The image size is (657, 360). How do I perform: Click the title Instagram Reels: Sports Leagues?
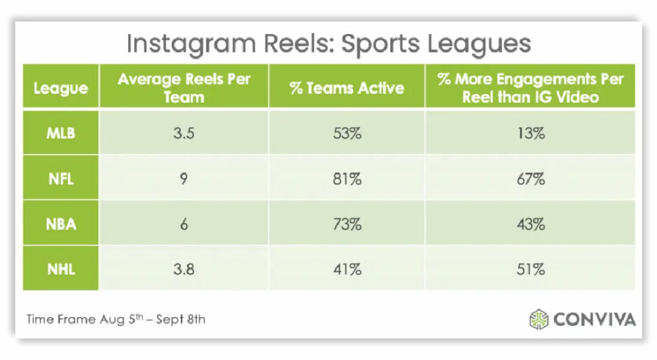[x=328, y=44]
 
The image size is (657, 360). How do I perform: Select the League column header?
[x=60, y=87]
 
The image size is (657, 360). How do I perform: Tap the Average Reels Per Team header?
[x=183, y=88]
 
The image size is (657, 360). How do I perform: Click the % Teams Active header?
[x=346, y=87]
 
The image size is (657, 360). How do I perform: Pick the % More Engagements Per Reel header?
[x=530, y=88]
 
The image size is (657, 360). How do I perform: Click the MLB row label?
[x=60, y=133]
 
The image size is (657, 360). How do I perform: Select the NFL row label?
[x=60, y=179]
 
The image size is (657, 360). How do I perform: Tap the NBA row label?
[x=60, y=225]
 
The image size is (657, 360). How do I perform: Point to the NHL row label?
[x=60, y=269]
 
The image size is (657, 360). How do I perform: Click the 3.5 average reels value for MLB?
[x=183, y=133]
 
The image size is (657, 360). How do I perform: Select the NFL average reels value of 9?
[x=183, y=179]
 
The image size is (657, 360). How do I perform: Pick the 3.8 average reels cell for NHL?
[x=183, y=269]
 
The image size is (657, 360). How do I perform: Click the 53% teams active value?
[x=346, y=133]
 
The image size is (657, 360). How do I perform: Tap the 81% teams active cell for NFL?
[x=346, y=179]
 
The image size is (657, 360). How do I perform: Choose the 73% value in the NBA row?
[x=346, y=225]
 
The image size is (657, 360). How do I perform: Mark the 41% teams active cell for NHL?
[x=346, y=269]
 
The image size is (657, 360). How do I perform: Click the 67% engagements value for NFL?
[x=530, y=179]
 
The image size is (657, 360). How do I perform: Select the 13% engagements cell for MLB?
[x=530, y=133]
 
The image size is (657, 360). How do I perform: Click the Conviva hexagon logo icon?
[x=539, y=319]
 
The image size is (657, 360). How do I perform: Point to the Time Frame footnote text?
[x=115, y=319]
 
